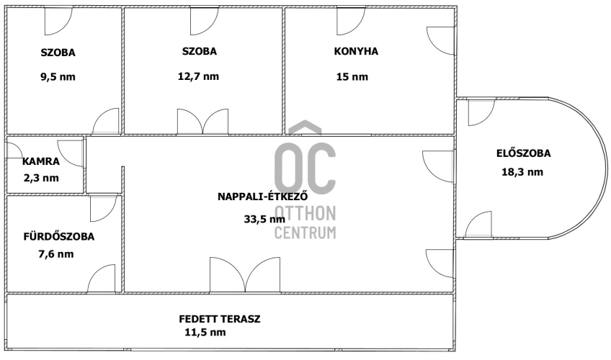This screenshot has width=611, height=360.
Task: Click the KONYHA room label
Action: point(356,51)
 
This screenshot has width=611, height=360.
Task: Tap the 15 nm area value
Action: point(352,76)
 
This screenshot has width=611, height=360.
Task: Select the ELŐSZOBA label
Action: point(523,153)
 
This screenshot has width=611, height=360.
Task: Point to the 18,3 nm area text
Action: point(522,171)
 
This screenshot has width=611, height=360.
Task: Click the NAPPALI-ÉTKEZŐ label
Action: point(263,196)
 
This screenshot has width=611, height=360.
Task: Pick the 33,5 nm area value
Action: point(264,219)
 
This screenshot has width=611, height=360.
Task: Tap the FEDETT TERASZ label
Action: point(219,319)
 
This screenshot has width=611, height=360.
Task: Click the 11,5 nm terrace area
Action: point(205,333)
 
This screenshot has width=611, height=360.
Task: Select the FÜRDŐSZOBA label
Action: point(59,236)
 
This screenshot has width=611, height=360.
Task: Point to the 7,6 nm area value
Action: point(55,254)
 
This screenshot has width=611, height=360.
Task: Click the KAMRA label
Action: point(41,161)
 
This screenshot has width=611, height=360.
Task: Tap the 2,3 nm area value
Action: point(41,179)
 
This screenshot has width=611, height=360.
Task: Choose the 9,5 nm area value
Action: point(58,76)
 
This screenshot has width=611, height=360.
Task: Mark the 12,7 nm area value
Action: point(198,76)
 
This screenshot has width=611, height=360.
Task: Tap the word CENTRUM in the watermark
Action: point(305,233)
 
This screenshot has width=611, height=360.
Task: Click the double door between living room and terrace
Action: point(245,275)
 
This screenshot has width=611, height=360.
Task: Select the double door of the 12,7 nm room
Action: point(202,122)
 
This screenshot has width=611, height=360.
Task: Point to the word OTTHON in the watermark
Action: point(305,213)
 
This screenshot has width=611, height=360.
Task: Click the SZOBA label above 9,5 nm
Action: point(58,53)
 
